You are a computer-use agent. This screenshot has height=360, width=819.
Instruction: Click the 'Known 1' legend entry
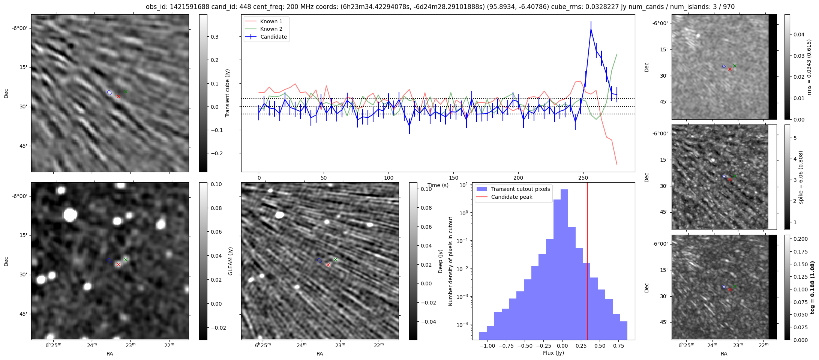[x=271, y=21]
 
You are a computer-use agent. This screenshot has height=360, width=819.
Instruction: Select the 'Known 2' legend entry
[x=271, y=29]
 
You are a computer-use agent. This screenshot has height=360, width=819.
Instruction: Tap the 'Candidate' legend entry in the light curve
[x=273, y=37]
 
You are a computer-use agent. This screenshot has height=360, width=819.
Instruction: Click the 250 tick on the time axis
[x=583, y=177]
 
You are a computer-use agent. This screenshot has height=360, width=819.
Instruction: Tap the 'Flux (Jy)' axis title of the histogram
[x=553, y=353]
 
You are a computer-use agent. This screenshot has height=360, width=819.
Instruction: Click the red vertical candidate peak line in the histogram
[x=587, y=262]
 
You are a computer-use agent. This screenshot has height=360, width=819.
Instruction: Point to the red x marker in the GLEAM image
[x=118, y=265]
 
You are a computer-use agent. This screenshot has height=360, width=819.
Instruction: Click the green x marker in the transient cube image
[x=126, y=91]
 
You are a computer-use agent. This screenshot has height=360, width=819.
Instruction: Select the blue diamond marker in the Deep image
[x=319, y=261]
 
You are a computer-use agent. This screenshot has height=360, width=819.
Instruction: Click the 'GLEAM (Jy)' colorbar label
[x=230, y=261]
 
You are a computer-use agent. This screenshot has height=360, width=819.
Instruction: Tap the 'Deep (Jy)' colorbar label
[x=440, y=261]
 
